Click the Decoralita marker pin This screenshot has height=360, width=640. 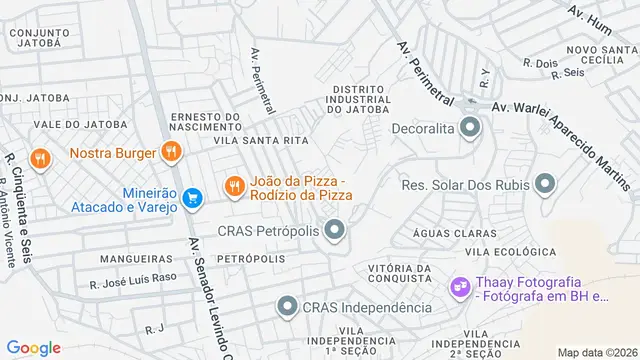pyautogui.click(x=469, y=128)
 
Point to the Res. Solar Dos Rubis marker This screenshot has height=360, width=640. pyautogui.click(x=545, y=184)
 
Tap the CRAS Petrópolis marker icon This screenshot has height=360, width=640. pyautogui.click(x=334, y=232)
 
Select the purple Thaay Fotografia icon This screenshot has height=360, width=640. pyautogui.click(x=460, y=288)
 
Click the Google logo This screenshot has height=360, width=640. pyautogui.click(x=34, y=348)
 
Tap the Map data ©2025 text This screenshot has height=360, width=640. pyautogui.click(x=597, y=352)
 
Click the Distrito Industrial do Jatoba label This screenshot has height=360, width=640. pyautogui.click(x=359, y=99)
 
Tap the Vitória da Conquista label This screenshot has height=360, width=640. pyautogui.click(x=399, y=275)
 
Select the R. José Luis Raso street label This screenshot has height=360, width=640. pyautogui.click(x=133, y=284)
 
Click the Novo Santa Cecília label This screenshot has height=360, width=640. pyautogui.click(x=603, y=55)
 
